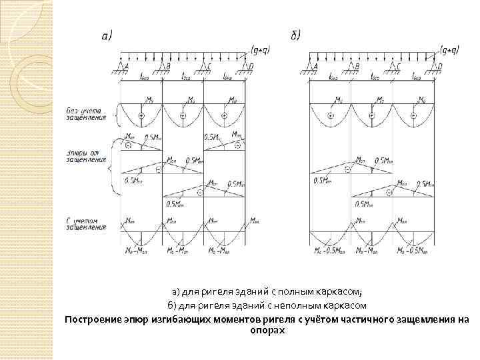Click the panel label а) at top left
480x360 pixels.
(107, 35)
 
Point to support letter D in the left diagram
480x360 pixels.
(251, 66)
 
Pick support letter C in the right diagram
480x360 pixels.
(399, 66)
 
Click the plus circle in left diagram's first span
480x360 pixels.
(141, 117)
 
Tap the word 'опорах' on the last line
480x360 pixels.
(267, 330)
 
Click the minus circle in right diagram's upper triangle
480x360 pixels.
(347, 171)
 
